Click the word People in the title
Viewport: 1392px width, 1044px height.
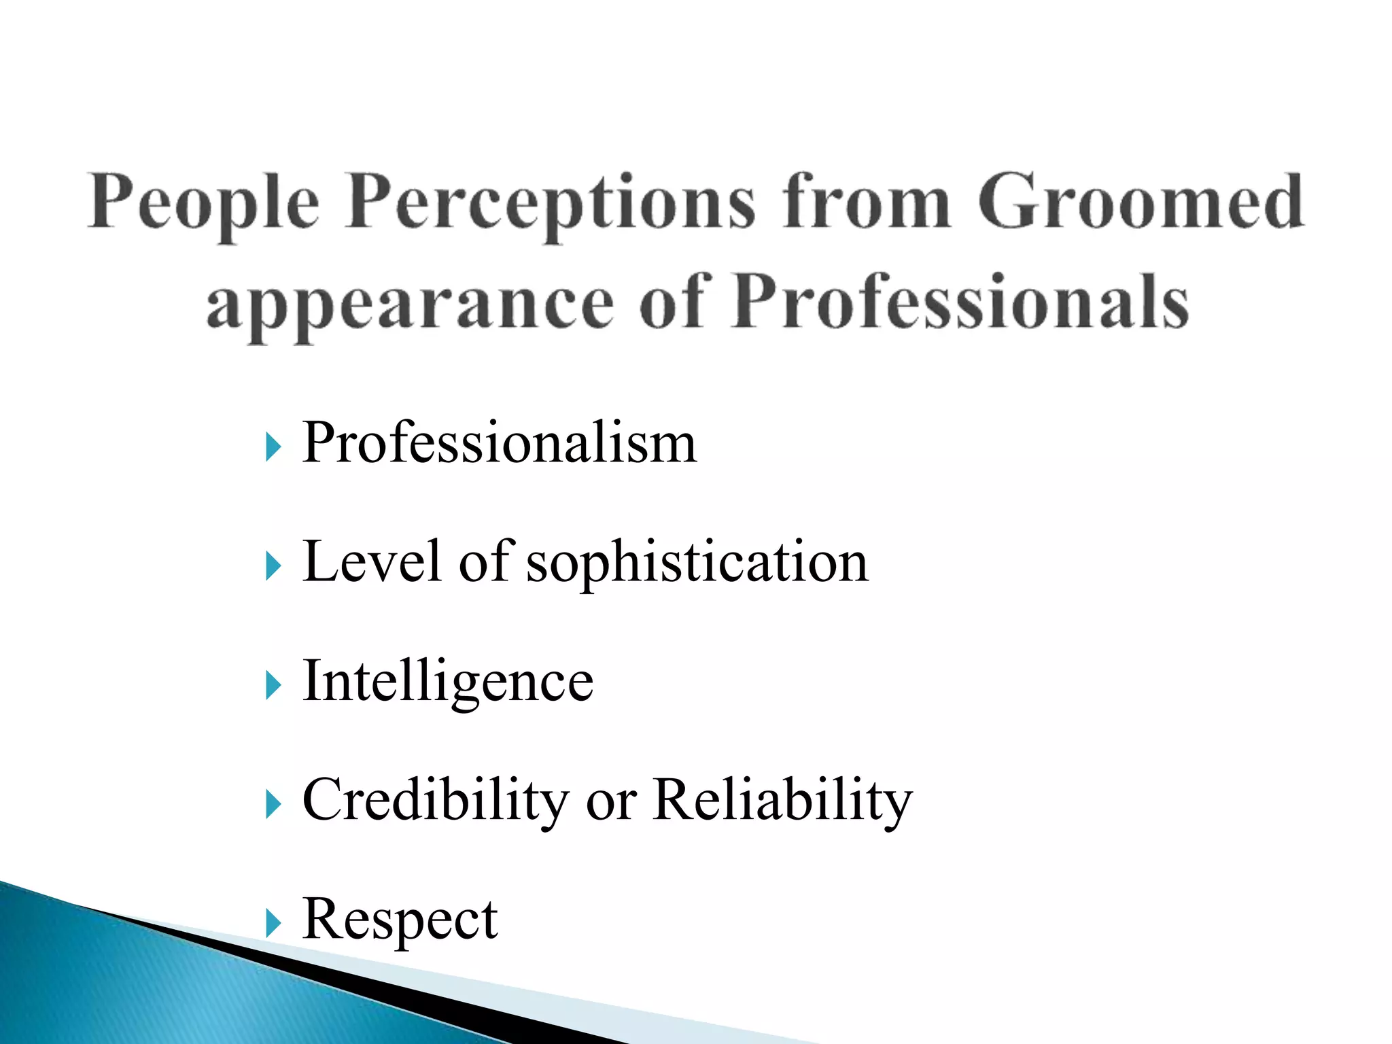[203, 203]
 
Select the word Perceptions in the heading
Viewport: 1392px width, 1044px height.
[551, 203]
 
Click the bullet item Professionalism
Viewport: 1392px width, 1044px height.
[500, 443]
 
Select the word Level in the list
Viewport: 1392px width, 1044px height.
[372, 561]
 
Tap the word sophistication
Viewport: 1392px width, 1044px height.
[697, 563]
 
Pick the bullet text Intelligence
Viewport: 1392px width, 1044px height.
[448, 681]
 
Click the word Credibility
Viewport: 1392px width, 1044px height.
[436, 801]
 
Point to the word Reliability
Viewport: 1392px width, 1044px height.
[782, 801]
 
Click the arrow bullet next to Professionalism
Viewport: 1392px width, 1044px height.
[273, 448]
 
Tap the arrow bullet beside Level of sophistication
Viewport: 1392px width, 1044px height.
[273, 566]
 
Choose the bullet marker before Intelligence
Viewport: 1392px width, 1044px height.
[273, 685]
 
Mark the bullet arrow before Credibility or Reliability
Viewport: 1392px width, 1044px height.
[273, 805]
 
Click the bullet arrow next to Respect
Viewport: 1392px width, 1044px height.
[273, 924]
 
